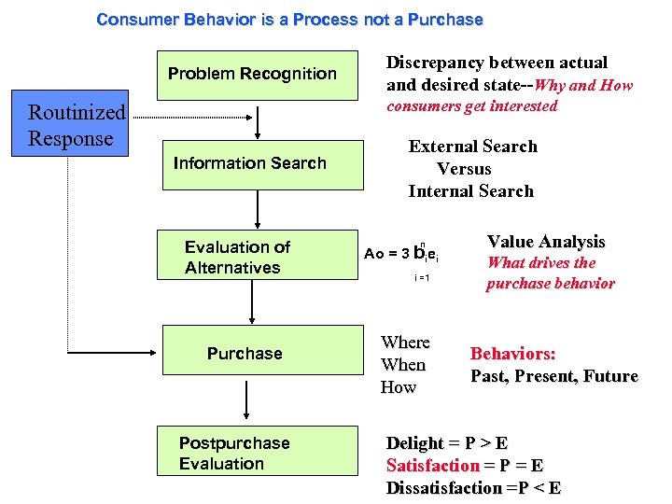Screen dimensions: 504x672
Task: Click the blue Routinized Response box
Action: point(75,126)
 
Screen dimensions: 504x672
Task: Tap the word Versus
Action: point(464,169)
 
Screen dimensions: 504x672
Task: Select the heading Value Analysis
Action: point(546,242)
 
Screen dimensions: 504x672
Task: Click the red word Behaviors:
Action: point(513,355)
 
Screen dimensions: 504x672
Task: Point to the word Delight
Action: point(415,443)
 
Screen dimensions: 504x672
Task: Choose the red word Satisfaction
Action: point(432,466)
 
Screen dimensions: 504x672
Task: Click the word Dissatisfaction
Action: point(443,488)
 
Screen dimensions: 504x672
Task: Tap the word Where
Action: point(405,343)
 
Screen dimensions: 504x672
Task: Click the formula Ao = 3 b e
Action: point(401,254)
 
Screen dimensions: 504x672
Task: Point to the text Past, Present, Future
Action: point(554,377)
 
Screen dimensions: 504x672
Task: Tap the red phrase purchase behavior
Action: point(550,284)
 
